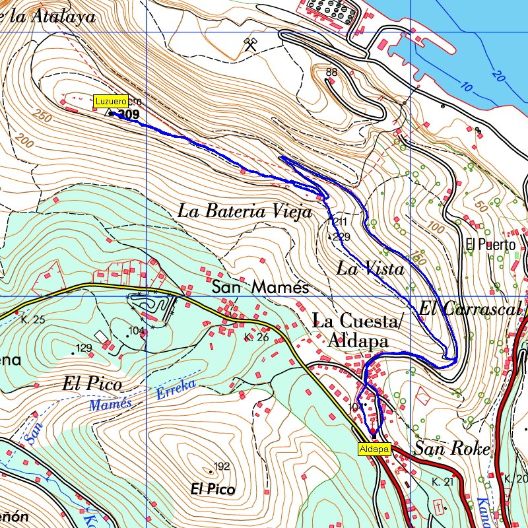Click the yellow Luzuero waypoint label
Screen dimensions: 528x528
click(x=110, y=102)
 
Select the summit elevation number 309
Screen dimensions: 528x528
click(x=130, y=115)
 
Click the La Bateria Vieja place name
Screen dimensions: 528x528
click(x=244, y=212)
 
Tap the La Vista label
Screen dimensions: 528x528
click(x=370, y=269)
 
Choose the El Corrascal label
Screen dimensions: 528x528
click(x=471, y=308)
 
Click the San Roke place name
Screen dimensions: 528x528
click(x=452, y=449)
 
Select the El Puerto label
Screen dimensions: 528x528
click(x=490, y=245)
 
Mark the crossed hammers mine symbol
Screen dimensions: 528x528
click(x=250, y=44)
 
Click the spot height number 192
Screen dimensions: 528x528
click(x=222, y=467)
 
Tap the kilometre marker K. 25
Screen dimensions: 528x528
click(x=33, y=320)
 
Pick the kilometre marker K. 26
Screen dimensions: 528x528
click(x=255, y=337)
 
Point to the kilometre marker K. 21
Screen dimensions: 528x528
click(x=444, y=482)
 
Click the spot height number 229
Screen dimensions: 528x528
click(x=341, y=236)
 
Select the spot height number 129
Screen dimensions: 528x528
click(x=84, y=348)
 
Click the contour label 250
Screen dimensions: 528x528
click(x=42, y=115)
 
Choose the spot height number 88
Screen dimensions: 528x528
click(x=331, y=72)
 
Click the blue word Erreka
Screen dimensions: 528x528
click(x=176, y=389)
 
